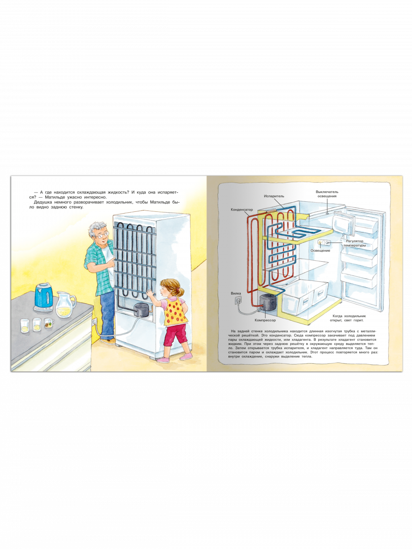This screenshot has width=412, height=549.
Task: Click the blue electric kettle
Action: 44,297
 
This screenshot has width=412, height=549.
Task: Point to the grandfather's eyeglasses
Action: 103,235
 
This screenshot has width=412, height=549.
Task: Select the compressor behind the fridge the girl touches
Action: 142,310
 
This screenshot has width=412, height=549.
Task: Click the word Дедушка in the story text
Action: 43,202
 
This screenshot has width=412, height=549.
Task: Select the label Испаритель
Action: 274,196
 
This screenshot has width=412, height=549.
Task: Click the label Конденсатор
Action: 242,210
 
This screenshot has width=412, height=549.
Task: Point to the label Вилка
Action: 236,293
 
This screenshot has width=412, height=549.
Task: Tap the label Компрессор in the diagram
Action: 265,320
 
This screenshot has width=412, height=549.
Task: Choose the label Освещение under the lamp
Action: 320,250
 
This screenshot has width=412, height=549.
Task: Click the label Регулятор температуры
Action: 354,243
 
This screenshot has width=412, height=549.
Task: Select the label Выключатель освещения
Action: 327,194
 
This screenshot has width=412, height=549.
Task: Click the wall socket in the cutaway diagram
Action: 238,301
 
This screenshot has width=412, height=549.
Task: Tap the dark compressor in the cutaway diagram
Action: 267,302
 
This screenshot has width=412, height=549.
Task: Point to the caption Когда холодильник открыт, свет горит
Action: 349,318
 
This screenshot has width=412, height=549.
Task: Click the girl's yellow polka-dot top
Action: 175,311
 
